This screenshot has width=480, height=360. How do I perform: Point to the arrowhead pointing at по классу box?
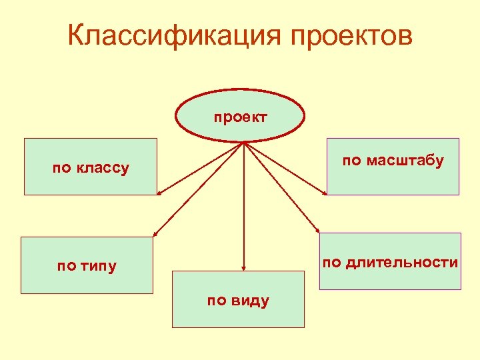pos(159,194)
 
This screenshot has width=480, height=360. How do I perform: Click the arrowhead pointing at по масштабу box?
pos(325,194)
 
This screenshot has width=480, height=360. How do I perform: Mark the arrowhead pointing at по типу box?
pos(155,234)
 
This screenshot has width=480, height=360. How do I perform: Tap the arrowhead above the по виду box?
pos(245,268)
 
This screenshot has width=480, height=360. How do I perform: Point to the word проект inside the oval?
pos(240,118)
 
